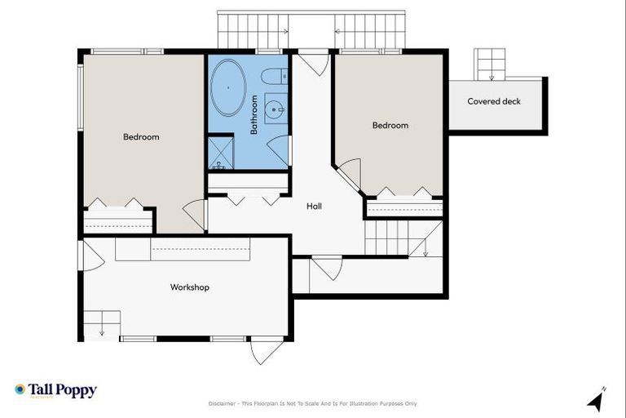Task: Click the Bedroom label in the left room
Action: point(141,137)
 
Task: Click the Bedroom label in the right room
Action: point(390,126)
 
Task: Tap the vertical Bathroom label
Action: point(254,115)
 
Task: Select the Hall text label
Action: point(314,207)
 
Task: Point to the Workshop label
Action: point(189,287)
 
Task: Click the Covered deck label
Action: point(493,102)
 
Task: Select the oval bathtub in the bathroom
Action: point(228,87)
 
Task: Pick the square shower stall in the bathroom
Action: point(220,151)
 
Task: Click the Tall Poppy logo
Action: point(55,390)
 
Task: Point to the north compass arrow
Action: point(596,400)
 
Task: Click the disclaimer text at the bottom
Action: point(312,403)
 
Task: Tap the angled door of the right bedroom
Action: point(349,174)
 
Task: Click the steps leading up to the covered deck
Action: point(492,64)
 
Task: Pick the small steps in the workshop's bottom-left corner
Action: point(101,323)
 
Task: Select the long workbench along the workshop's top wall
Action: point(183,248)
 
